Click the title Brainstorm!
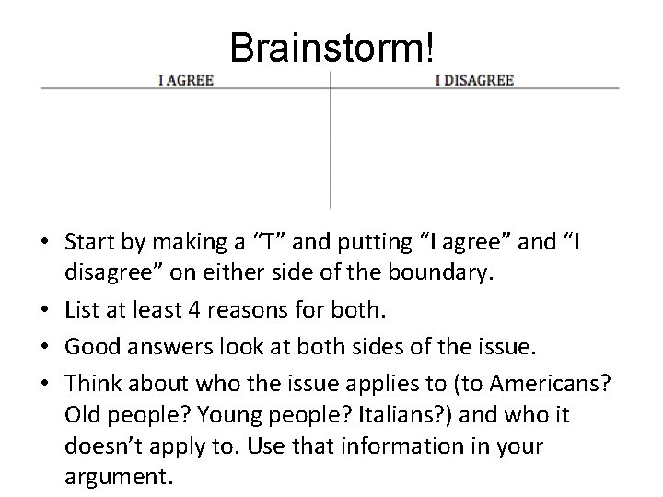pos(331,47)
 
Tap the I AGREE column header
pos(185,80)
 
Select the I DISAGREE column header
pos(473,80)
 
